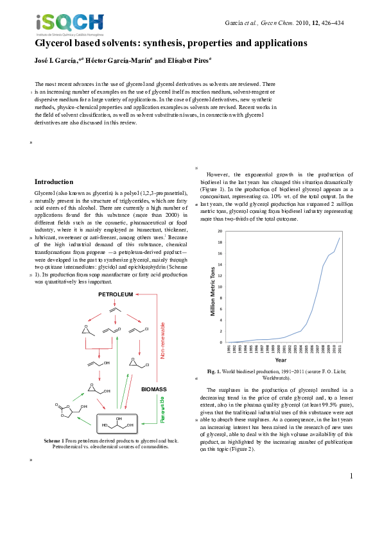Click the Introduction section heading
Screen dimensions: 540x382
[x=54, y=181]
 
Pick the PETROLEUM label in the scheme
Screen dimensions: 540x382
[x=116, y=294]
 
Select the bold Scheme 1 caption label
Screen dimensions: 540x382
[x=53, y=441]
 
